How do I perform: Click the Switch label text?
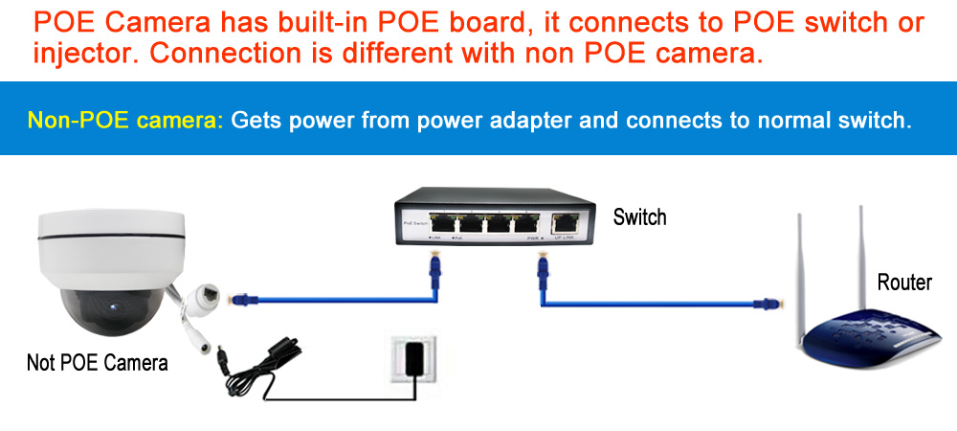pos(639,217)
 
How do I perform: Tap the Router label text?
pos(903,283)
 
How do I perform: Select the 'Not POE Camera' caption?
pos(98,363)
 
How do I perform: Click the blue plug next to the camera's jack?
pos(241,300)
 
